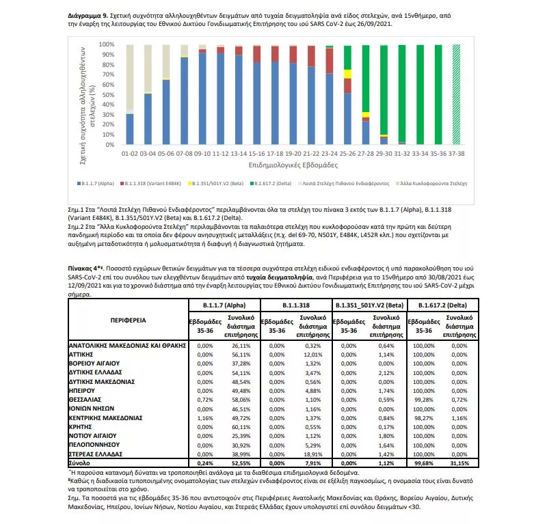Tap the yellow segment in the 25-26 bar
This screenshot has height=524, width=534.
point(347,73)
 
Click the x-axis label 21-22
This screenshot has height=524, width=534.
point(311,154)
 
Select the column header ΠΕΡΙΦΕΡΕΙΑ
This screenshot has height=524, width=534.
point(128,319)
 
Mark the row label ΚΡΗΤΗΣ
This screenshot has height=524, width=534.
point(83,426)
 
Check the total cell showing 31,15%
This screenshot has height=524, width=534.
point(455,463)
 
